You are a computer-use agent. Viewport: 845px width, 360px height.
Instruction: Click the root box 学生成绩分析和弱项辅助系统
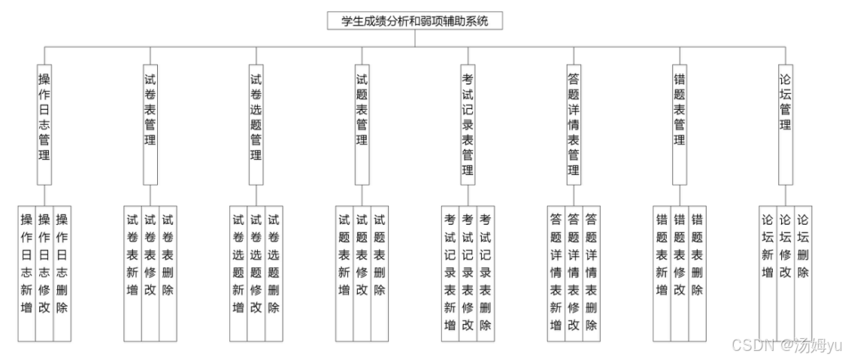(414, 21)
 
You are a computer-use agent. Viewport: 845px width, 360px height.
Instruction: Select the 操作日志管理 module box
(44, 124)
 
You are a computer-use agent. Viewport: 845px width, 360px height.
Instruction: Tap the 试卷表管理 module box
(150, 124)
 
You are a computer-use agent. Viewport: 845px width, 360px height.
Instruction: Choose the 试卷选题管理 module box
(256, 124)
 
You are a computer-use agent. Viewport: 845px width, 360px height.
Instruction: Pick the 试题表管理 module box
(362, 124)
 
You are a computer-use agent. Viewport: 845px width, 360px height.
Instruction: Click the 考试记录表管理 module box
(468, 124)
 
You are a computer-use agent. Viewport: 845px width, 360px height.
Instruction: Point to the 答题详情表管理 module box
(574, 124)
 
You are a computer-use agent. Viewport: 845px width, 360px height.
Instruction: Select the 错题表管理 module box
(680, 124)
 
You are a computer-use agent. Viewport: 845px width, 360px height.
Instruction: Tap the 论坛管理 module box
(786, 124)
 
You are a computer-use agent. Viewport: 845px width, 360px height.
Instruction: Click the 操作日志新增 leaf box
(27, 273)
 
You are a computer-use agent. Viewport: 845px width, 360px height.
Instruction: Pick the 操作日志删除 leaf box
(62, 273)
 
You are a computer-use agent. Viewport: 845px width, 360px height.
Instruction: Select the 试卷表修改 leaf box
(150, 273)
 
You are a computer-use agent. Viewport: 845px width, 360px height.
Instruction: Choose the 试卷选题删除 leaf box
(274, 273)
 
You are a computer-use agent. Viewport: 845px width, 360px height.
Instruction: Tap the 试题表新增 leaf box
(344, 273)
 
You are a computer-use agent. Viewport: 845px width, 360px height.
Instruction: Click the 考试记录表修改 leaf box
(468, 273)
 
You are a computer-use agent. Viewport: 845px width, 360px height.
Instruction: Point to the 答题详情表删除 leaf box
(592, 273)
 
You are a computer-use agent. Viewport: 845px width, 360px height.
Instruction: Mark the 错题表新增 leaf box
(662, 273)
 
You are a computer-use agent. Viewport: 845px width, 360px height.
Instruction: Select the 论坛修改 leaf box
(786, 273)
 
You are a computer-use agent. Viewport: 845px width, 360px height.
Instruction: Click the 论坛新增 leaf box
(768, 273)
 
